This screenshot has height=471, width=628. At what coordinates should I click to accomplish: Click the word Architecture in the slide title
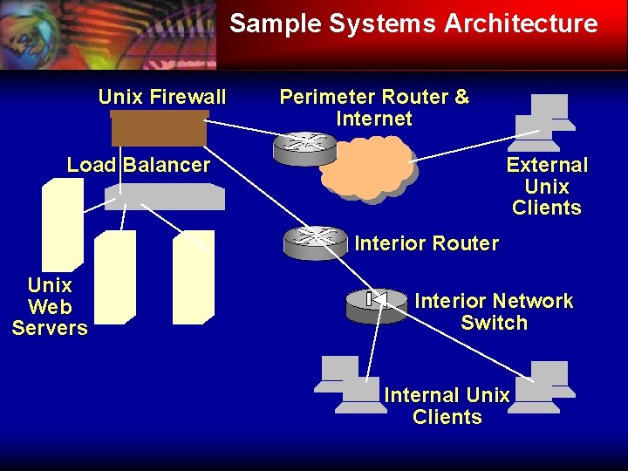point(521,24)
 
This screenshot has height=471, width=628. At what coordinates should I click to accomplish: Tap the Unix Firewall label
point(162,97)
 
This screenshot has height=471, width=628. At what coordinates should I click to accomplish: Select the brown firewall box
point(159,129)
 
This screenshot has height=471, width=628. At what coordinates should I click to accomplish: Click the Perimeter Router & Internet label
point(374,108)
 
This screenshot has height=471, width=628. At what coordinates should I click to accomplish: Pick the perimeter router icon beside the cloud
point(304,147)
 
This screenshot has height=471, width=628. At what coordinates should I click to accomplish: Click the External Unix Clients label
point(547,187)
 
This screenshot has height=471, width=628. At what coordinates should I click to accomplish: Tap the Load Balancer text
point(139,165)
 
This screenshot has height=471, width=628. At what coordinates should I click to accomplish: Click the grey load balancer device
point(164,197)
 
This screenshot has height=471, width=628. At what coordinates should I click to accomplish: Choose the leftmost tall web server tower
point(63,223)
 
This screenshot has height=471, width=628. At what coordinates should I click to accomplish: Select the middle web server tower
point(115,276)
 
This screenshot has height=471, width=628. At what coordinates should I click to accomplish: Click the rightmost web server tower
point(194,276)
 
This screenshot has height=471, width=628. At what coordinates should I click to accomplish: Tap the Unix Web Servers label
point(50,307)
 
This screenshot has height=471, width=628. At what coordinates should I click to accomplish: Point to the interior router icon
point(315,242)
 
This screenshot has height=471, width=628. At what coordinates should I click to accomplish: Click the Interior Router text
point(427,244)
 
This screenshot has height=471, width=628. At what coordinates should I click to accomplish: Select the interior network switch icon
point(376,304)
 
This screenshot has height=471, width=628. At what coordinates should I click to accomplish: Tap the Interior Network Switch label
point(494,312)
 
